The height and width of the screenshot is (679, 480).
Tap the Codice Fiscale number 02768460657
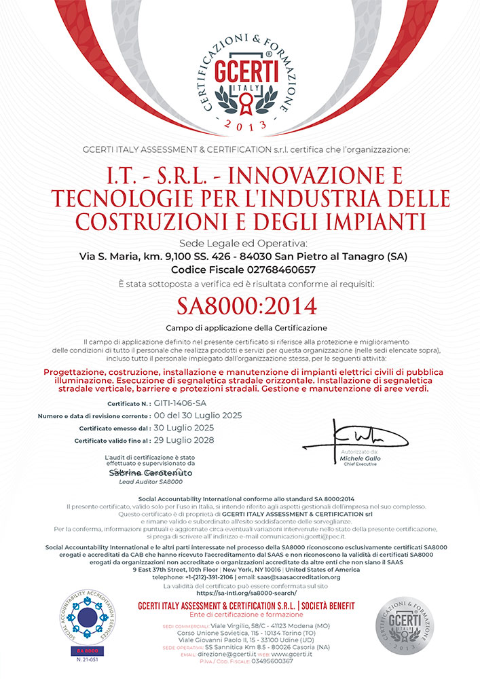pos(270,270)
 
